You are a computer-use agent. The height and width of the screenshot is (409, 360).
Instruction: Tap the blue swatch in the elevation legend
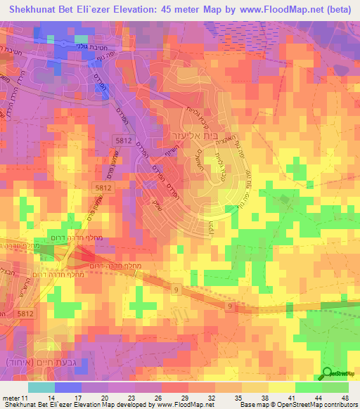[x=68, y=387]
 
